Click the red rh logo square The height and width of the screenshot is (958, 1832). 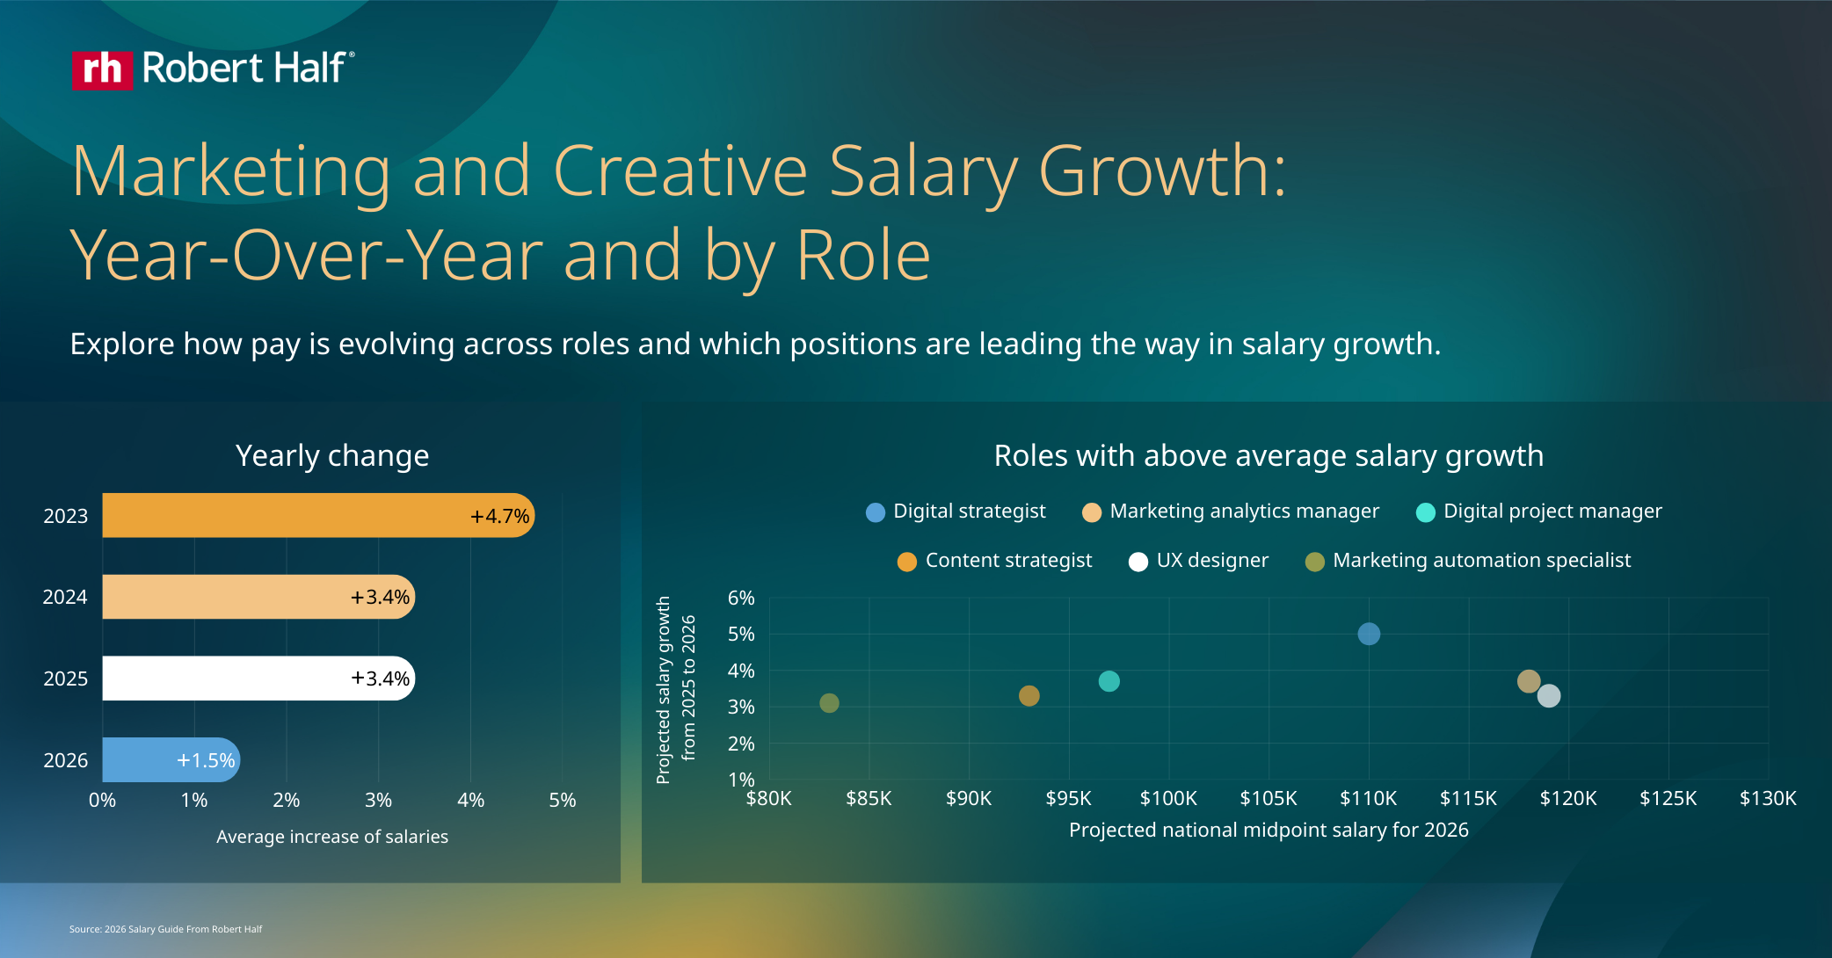102,69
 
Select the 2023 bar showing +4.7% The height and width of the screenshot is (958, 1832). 316,515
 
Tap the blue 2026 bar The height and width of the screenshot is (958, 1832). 170,759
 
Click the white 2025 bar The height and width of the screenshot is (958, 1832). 257,679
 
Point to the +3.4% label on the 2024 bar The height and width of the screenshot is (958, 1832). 380,598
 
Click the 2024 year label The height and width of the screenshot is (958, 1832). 65,598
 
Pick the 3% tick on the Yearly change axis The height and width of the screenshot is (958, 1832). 378,800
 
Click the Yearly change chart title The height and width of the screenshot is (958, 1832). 332,456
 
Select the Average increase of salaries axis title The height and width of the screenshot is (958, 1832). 332,837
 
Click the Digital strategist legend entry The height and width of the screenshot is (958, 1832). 956,512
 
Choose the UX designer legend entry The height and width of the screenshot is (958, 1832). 1199,561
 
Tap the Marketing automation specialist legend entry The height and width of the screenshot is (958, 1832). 1468,561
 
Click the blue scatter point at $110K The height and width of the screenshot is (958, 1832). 1369,634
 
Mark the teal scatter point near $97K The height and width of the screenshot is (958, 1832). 1109,681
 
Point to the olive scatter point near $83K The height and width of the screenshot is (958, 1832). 829,703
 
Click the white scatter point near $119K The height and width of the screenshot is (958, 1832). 1549,696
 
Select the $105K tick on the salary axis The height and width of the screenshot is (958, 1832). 1269,798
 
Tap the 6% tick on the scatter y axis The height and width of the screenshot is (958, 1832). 741,599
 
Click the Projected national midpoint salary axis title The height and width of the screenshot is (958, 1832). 1269,830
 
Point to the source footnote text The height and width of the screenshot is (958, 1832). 165,929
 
